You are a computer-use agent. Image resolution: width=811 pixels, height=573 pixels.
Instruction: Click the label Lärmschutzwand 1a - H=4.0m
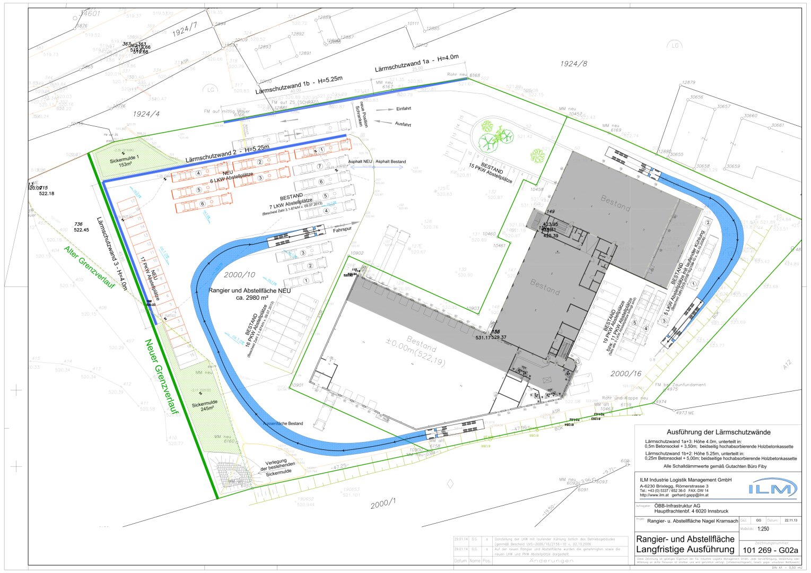416,63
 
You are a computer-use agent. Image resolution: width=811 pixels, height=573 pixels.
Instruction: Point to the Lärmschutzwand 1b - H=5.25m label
299,85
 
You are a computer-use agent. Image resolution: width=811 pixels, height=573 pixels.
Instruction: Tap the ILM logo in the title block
772,488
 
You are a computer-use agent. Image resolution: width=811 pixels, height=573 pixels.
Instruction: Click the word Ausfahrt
403,124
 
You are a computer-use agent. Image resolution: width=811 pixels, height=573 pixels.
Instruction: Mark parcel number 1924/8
574,64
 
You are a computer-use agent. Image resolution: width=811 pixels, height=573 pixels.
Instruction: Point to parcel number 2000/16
626,374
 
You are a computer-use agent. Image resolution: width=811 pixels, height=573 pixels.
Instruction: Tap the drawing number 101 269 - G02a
770,550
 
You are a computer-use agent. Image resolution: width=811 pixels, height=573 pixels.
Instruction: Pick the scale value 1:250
763,528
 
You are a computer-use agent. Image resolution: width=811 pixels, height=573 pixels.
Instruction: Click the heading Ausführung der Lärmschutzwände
718,432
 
